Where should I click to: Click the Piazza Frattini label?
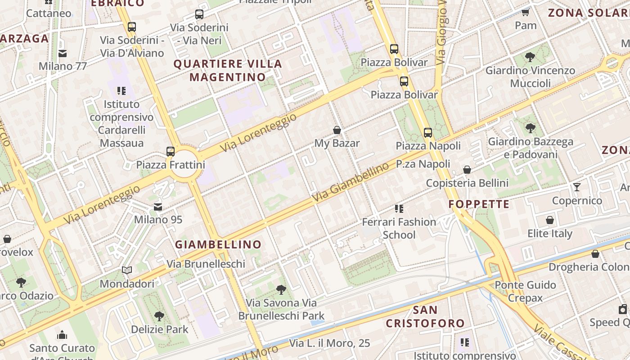point(171,165)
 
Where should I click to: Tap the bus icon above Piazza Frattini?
point(171,152)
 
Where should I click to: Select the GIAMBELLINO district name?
point(218,245)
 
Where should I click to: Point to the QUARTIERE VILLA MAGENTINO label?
point(228,71)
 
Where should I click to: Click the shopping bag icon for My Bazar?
point(337,130)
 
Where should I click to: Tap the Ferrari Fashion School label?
point(399,228)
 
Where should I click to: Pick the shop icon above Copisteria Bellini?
point(467,170)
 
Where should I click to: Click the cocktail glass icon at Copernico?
point(577,187)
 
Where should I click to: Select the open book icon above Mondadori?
point(127,270)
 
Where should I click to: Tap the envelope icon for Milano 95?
point(158,207)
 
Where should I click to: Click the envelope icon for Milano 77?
point(63,53)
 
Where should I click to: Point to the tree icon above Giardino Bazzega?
point(531,128)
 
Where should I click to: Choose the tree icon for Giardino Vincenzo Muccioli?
point(530,57)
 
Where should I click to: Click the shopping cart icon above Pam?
point(525,12)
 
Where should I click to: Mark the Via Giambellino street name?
point(350,182)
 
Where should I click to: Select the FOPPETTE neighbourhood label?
point(479,204)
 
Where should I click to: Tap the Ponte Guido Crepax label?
point(525,291)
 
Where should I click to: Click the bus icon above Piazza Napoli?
point(427,133)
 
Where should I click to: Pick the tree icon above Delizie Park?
point(159,316)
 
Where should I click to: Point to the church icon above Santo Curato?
point(62,335)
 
